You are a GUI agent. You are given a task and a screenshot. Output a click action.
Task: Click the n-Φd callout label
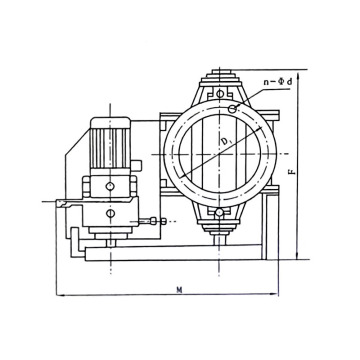(x=278, y=82)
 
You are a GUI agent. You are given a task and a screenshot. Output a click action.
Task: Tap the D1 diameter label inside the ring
(x=226, y=142)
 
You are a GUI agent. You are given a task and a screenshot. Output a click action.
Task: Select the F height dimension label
(x=292, y=172)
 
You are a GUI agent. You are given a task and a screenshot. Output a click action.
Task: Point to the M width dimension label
(x=179, y=289)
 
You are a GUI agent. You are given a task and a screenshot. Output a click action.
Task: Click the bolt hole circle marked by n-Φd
(x=232, y=109)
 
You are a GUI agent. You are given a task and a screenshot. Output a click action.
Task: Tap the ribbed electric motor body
(x=110, y=148)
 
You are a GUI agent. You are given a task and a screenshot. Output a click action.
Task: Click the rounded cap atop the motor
(x=110, y=122)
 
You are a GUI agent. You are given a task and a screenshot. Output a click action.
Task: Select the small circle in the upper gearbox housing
(x=110, y=186)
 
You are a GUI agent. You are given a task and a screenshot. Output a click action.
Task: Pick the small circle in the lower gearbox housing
(x=111, y=213)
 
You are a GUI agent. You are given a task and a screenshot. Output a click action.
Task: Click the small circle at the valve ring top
(x=220, y=94)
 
